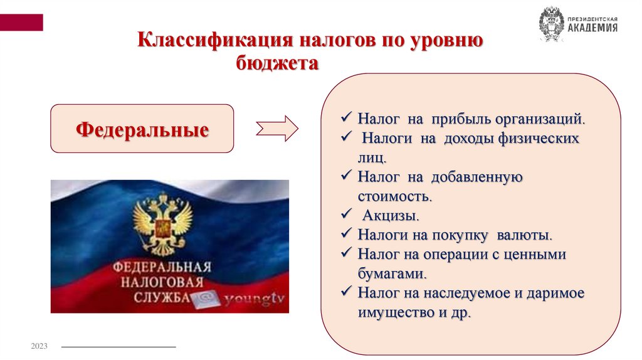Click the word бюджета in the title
(x=276, y=63)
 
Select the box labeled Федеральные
(x=142, y=129)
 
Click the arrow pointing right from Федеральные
(x=278, y=129)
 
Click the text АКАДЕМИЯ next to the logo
(x=592, y=28)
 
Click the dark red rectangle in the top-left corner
(x=21, y=23)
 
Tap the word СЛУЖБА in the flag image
(x=161, y=298)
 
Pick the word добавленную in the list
(x=483, y=177)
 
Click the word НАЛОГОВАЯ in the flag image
(x=161, y=282)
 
